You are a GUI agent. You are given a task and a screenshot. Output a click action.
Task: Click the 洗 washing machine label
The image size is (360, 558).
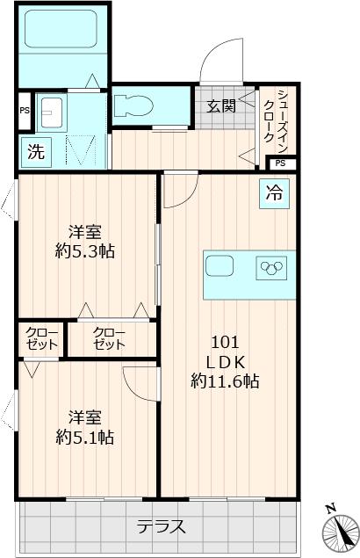tap(34, 151)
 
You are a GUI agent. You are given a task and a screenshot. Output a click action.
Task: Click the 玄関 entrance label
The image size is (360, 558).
tap(220, 107)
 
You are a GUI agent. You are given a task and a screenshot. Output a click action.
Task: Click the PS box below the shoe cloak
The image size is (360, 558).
tap(279, 163)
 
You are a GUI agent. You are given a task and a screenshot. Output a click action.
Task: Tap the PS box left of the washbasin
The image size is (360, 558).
tap(24, 111)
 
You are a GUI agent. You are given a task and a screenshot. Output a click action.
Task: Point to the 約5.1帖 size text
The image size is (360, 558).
tap(85, 437)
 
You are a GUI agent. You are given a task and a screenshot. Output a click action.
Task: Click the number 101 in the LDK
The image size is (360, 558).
tap(223, 342)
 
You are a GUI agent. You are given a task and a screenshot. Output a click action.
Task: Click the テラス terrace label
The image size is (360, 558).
tap(161, 527)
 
